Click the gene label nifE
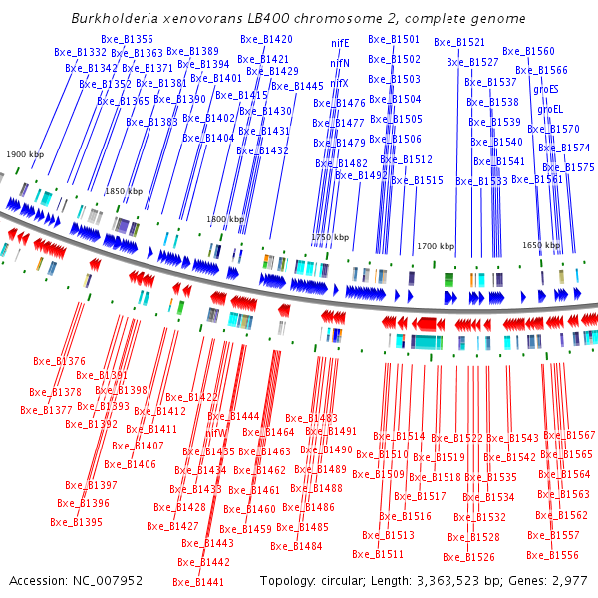click(340, 43)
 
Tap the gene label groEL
click(551, 108)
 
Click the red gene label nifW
click(216, 433)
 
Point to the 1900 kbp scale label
click(25, 155)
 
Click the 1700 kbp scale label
click(436, 245)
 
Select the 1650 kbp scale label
click(541, 244)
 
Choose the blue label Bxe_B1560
click(528, 51)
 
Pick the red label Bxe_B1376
click(59, 361)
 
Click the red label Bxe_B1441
click(198, 582)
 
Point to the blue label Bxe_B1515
click(417, 180)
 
